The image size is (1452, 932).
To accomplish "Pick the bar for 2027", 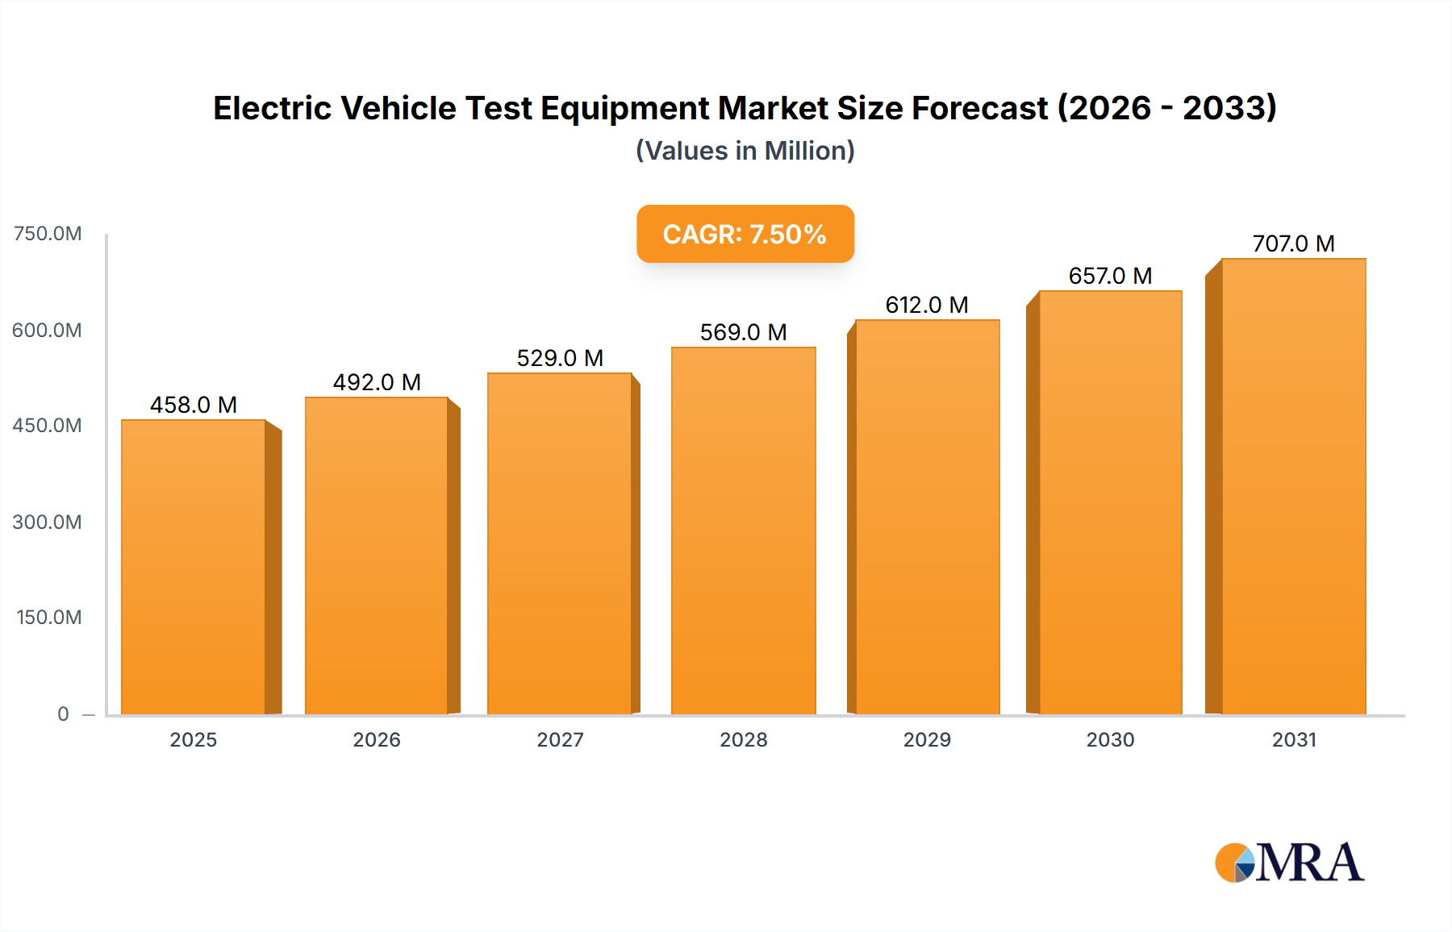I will point(559,543).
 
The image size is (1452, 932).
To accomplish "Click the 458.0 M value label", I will point(194,405).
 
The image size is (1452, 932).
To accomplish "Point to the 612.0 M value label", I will point(927,305).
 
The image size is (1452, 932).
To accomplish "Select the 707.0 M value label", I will point(1293,243).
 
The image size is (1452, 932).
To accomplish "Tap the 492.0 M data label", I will point(377,382).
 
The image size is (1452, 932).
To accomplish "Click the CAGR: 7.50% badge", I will point(745,234).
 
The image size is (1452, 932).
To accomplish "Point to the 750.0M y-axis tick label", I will point(48,234).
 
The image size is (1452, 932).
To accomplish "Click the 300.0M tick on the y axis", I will point(48,522).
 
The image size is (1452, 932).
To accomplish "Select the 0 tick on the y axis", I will point(63,714).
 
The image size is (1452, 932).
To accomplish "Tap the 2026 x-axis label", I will point(377,739).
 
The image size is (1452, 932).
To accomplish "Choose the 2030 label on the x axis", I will point(1110,739).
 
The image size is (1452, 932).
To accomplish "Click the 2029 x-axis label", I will point(927,739).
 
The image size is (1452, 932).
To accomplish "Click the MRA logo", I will point(1289,863).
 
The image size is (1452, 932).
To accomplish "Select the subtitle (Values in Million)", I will point(745,151).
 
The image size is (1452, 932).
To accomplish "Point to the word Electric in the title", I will point(272,108).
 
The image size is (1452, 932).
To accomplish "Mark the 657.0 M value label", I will point(1110,276).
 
